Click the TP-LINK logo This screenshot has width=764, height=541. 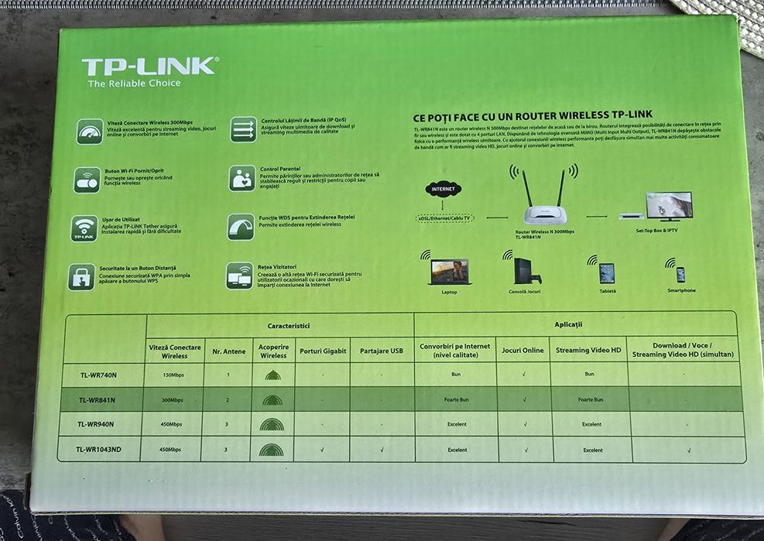point(149,66)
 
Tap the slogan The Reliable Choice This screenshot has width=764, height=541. point(134,84)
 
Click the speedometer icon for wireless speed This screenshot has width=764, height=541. point(90,131)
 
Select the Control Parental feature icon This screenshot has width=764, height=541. point(242,178)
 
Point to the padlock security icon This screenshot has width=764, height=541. point(81,276)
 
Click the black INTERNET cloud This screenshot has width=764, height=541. point(444,188)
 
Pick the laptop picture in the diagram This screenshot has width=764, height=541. point(450,272)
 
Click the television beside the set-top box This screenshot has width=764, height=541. point(669,207)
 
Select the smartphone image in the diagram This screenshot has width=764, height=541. point(680,274)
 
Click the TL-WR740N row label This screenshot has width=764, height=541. point(98,375)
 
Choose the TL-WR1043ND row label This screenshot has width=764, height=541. point(98,449)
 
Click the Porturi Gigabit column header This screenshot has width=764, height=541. point(323,351)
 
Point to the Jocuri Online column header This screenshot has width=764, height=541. point(522,351)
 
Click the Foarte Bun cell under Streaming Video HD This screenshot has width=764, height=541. point(589,400)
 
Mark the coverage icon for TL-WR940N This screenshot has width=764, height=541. point(272,424)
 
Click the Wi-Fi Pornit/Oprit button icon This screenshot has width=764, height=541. point(87,180)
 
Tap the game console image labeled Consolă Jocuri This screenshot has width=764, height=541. point(525,271)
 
